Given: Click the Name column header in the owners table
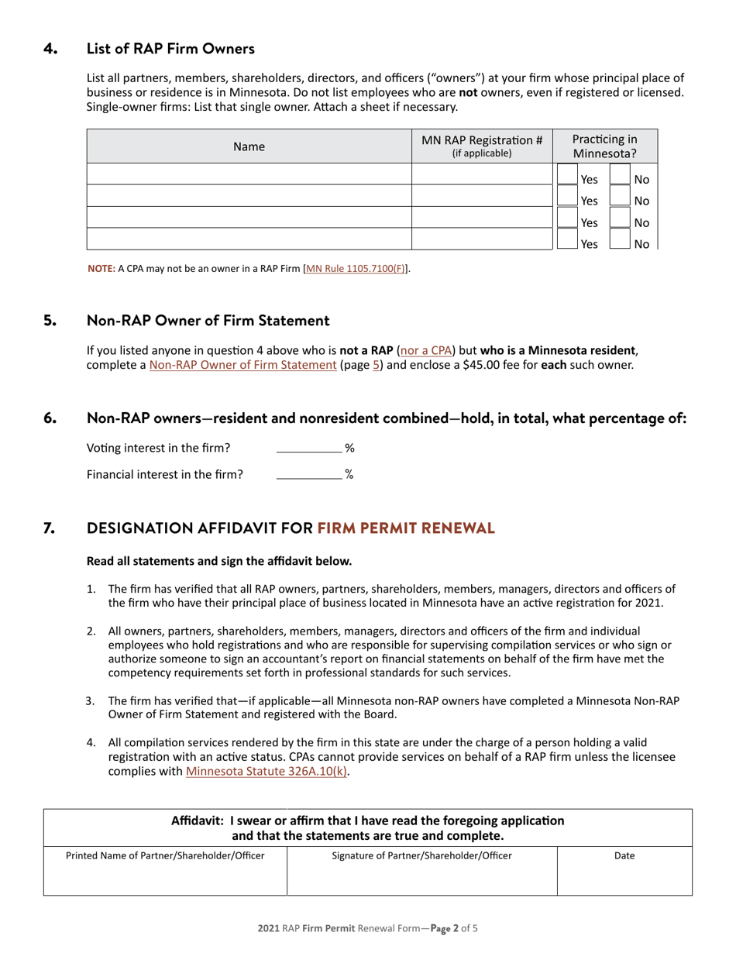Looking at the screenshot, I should tap(249, 146).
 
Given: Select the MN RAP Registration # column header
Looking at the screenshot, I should tap(482, 146).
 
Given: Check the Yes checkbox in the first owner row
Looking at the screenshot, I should tap(567, 177).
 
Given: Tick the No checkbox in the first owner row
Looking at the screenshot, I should tap(620, 177).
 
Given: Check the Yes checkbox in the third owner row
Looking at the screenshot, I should tap(567, 220).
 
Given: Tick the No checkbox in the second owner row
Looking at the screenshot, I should tap(620, 199).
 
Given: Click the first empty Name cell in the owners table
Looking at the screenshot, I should tap(249, 174).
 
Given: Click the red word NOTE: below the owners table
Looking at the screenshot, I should tap(101, 269).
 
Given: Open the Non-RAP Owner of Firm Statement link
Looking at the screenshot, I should tap(242, 364).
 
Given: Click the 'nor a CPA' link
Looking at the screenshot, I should tap(425, 349).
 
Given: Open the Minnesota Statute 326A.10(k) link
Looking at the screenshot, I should tap(267, 771).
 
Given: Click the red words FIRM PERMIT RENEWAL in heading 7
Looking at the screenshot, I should tap(405, 528).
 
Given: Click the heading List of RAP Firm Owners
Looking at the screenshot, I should tap(170, 49).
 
